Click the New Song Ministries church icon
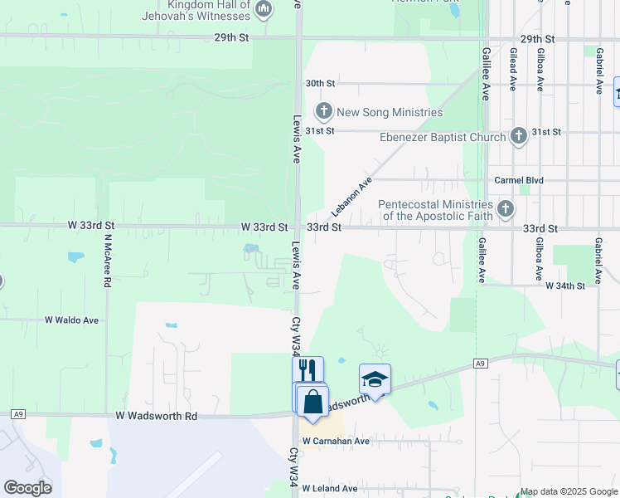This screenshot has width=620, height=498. coord(323,111)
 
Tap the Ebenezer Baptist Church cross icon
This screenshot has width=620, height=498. coord(519,136)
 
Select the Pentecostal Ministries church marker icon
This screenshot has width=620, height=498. coord(506,209)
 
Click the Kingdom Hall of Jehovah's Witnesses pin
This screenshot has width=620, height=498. coord(264,10)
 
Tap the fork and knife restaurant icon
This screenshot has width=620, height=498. coord(307,369)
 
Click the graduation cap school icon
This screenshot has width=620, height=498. coord(375,378)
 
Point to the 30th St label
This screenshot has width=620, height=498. coord(319,84)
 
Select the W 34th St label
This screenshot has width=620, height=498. coord(565,286)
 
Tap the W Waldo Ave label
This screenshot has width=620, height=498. coord(71,320)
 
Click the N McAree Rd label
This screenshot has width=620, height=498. coord(108,260)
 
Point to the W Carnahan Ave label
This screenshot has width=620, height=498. coord(336,442)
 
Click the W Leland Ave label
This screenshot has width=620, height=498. coord(330,489)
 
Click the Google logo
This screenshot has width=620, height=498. coord(27,488)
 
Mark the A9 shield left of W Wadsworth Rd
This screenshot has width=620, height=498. coord(17,414)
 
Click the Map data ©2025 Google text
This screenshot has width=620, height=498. coord(569,492)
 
